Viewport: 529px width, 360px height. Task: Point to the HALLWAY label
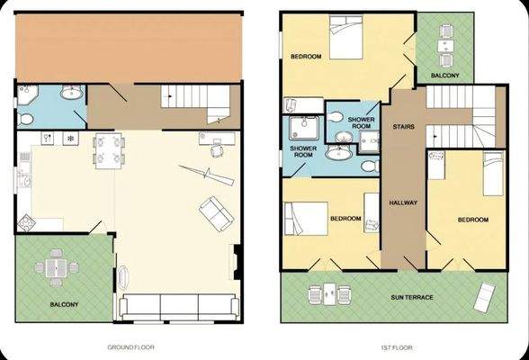(x=402, y=202)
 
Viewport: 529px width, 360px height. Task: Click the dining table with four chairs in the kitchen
(x=107, y=150)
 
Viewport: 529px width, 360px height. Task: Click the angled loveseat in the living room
(x=213, y=212)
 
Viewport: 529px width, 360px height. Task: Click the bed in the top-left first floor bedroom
(x=342, y=39)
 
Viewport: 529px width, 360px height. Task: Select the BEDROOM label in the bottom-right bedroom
(x=471, y=220)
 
